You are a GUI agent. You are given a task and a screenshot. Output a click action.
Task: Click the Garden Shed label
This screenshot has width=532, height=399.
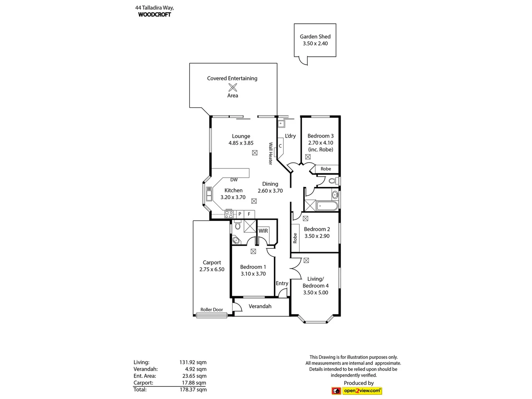tap(315, 37)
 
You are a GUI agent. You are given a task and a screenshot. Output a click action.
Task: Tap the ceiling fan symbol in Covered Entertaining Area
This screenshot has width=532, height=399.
tap(233, 87)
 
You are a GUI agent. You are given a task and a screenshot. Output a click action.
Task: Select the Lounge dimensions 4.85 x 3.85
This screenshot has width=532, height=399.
tap(241, 143)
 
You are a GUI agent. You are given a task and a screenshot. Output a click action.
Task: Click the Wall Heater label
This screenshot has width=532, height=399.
tap(270, 154)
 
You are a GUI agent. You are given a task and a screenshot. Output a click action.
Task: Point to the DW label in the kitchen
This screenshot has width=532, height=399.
tap(234, 180)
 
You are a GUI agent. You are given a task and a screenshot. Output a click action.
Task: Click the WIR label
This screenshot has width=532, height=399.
tap(263, 231)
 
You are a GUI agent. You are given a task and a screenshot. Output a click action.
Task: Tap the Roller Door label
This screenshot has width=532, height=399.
tap(212, 310)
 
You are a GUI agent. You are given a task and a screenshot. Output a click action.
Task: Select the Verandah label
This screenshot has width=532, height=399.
tap(260, 306)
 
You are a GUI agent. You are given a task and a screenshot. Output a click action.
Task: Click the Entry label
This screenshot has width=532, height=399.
tap(282, 283)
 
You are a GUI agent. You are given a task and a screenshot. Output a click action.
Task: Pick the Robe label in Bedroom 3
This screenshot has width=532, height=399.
tap(325, 169)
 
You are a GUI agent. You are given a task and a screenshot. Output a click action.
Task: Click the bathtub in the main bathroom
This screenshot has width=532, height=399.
tap(327, 206)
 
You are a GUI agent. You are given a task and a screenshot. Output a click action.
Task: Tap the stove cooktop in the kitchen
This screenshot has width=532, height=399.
tap(229, 214)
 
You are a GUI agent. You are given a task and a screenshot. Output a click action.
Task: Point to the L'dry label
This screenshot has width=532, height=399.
tap(290, 136)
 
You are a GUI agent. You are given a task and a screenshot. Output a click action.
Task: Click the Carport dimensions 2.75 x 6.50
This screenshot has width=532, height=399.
tap(212, 269)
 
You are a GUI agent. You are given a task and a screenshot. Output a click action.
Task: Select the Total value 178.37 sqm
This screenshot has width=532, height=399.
tap(193, 389)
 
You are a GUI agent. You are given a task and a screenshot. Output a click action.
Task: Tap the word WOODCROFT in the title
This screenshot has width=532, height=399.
tap(154, 15)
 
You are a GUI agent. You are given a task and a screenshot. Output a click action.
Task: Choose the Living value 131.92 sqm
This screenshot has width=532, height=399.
tap(193, 362)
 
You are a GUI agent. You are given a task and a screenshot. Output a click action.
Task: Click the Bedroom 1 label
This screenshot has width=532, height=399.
tap(253, 267)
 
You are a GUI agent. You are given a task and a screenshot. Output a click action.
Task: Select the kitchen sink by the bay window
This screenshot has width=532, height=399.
tap(209, 194)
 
